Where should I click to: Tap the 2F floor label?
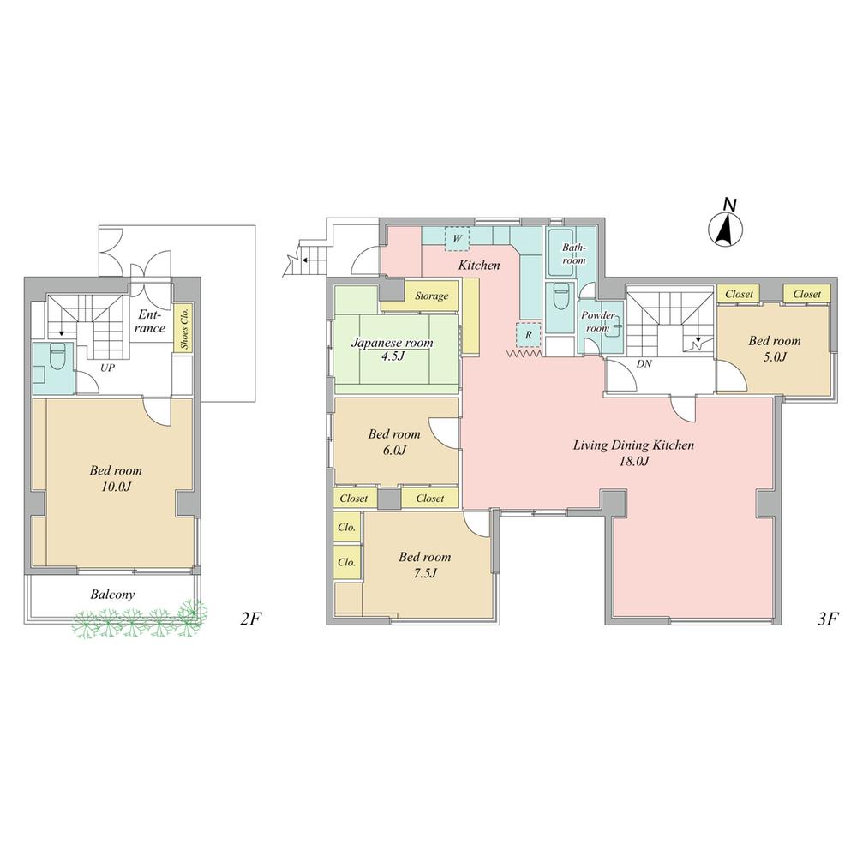250,619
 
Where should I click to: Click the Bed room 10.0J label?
116,478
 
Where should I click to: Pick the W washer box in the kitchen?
458,236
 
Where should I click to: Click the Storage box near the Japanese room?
431,296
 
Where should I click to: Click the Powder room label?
597,321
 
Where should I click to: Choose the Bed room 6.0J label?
394,441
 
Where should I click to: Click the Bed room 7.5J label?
424,565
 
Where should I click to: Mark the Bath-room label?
573,254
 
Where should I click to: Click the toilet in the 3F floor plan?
561,297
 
